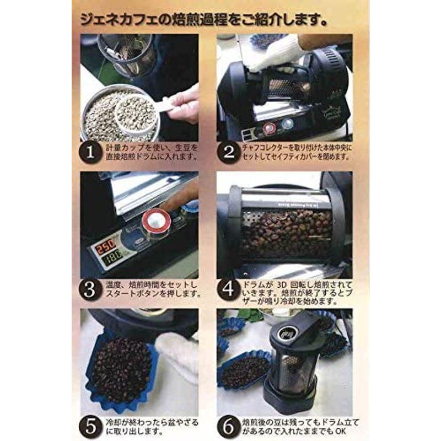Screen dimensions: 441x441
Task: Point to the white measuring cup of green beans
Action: (x=135, y=114)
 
